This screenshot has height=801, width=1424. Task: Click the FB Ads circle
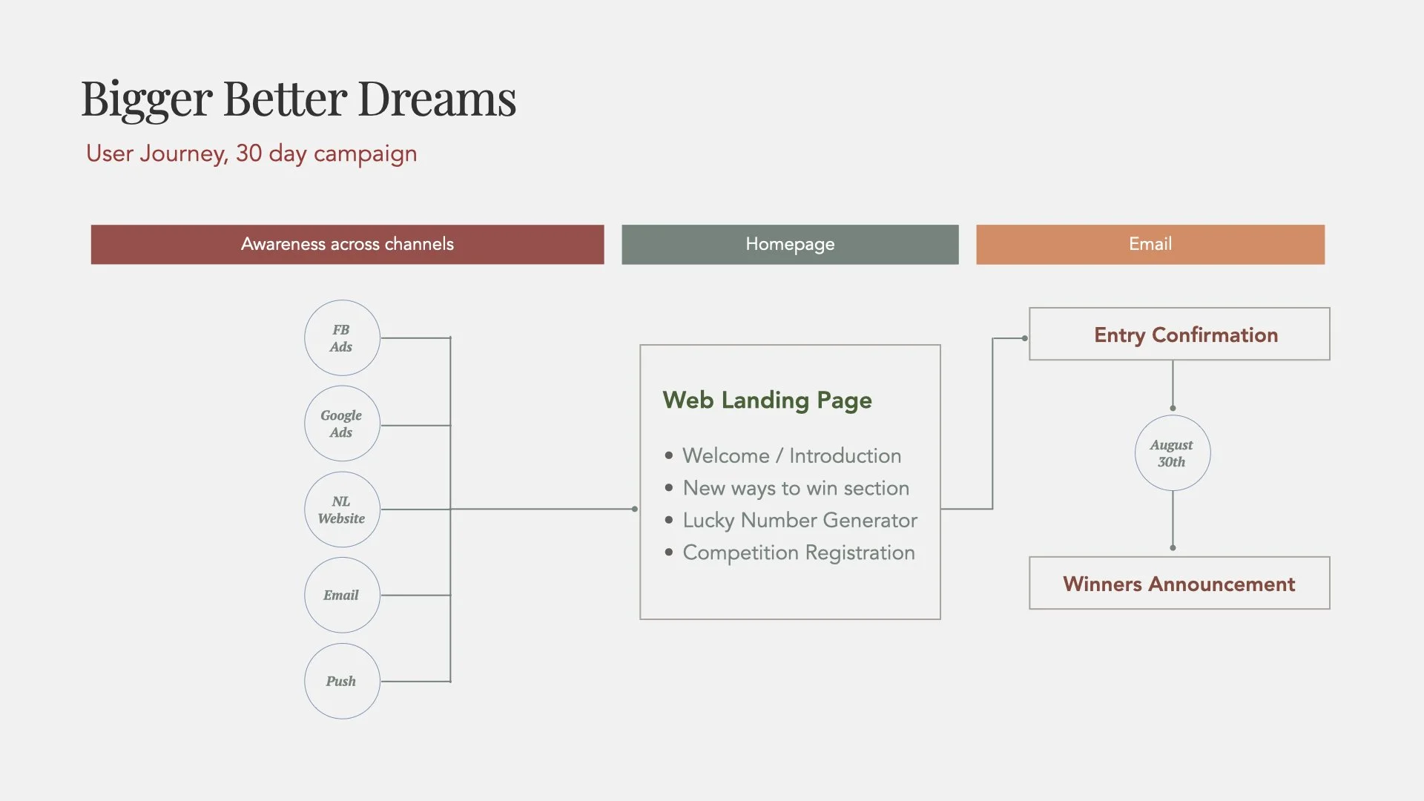pyautogui.click(x=342, y=338)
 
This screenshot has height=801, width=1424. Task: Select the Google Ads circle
pyautogui.click(x=342, y=423)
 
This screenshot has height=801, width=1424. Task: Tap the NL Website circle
pyautogui.click(x=342, y=510)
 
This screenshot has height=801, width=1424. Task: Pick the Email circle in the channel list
pyautogui.click(x=342, y=595)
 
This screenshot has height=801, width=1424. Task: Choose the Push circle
pyautogui.click(x=342, y=681)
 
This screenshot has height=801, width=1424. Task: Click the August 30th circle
pyautogui.click(x=1172, y=453)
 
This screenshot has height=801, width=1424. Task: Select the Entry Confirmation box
pyautogui.click(x=1179, y=334)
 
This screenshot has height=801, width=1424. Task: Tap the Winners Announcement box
pyautogui.click(x=1179, y=584)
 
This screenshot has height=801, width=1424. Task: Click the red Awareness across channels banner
pyautogui.click(x=347, y=244)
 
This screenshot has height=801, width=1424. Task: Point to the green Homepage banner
pyautogui.click(x=790, y=244)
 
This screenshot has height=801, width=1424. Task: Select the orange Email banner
pyautogui.click(x=1150, y=244)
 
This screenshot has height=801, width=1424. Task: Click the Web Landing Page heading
pyautogui.click(x=767, y=400)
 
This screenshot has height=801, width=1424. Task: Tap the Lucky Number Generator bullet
pyautogui.click(x=800, y=521)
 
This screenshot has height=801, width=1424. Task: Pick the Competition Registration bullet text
pyautogui.click(x=799, y=553)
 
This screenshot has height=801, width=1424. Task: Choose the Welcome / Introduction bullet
pyautogui.click(x=791, y=456)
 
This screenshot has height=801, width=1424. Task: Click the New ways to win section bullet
pyautogui.click(x=796, y=489)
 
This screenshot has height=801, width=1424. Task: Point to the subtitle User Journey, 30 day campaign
pyautogui.click(x=251, y=154)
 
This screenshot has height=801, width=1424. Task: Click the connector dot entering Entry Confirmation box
pyautogui.click(x=1025, y=338)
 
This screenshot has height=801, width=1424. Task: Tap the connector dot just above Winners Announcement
pyautogui.click(x=1173, y=548)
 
